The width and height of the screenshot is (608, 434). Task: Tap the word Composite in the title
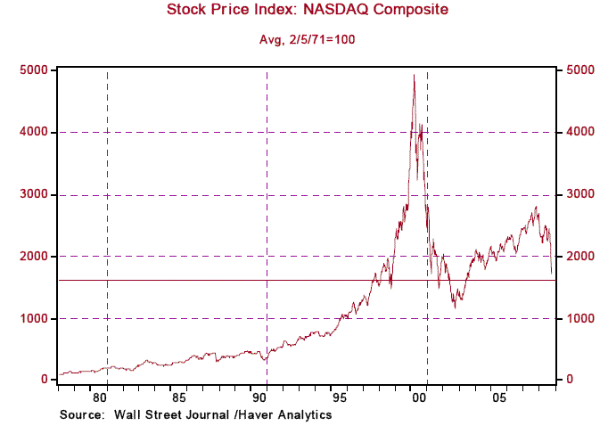tap(415, 11)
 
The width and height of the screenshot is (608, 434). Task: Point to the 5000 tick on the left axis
tap(35, 70)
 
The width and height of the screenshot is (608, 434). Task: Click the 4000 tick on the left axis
tap(35, 132)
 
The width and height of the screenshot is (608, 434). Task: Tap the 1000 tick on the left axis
tap(35, 318)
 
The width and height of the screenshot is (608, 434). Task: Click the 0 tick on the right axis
tap(565, 381)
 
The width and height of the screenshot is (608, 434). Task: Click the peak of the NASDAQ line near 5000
tap(414, 75)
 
